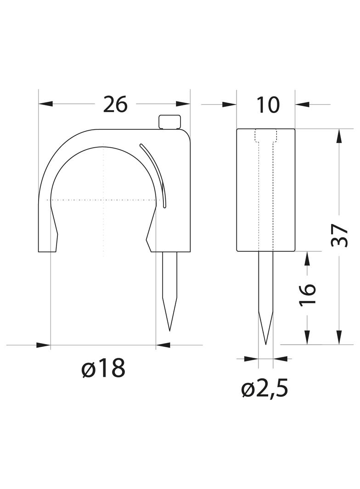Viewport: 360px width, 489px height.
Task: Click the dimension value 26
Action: (x=116, y=104)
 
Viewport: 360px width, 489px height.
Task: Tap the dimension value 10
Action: (x=268, y=105)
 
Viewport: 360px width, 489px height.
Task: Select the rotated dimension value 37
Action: (x=339, y=235)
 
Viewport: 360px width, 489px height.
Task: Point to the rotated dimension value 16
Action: (x=308, y=295)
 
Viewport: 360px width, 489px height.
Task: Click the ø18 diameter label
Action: (x=103, y=368)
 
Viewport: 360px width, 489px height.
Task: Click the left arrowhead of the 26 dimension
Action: (x=45, y=104)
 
